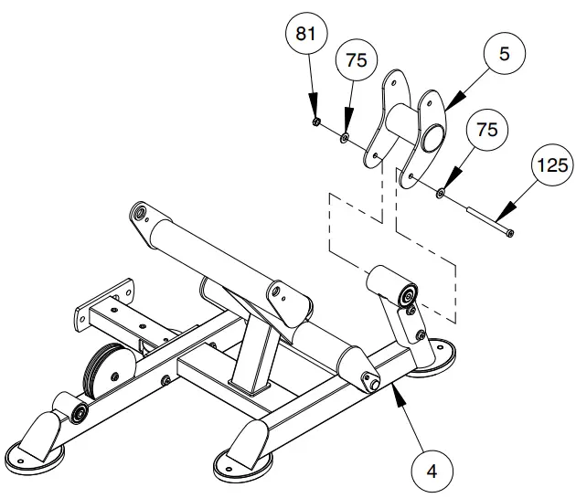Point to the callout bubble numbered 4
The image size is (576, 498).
[x=430, y=472]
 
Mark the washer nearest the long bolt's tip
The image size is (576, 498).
[x=442, y=194]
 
